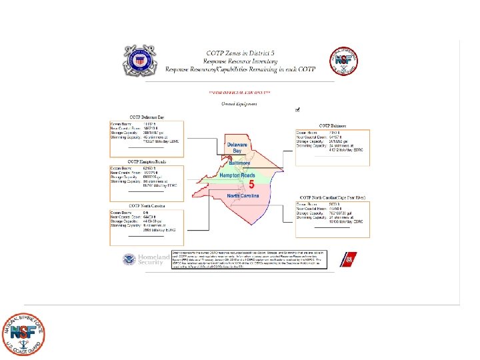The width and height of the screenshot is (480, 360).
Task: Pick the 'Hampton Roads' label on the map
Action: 237,175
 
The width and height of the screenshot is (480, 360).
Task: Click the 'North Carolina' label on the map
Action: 244,196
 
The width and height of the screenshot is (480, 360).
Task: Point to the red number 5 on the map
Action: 251,185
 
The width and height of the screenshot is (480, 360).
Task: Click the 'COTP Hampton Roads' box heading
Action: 147,162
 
